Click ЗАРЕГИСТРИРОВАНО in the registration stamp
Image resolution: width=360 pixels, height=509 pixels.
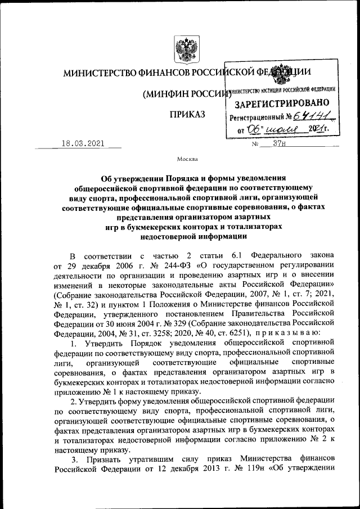click(x=282, y=104)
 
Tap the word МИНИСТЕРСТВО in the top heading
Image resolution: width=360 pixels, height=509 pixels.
click(x=96, y=73)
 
